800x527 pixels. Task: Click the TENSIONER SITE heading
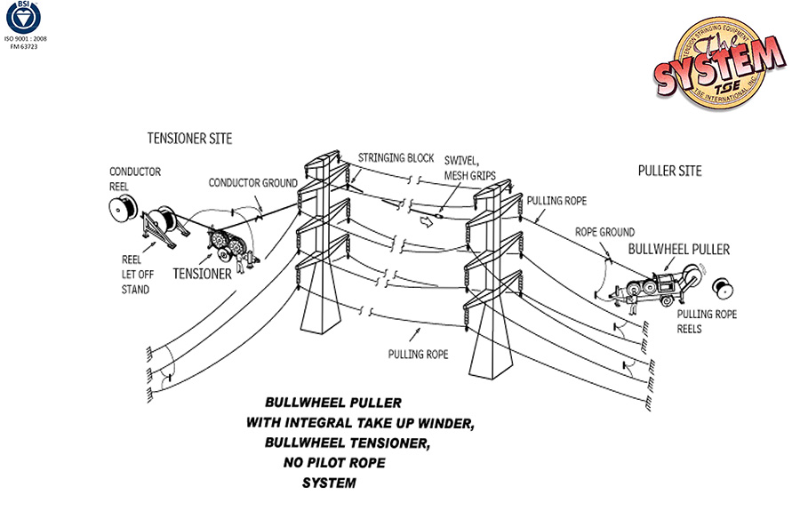(x=189, y=139)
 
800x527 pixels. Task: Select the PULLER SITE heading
(x=669, y=171)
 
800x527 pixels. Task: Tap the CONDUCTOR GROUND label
(x=253, y=183)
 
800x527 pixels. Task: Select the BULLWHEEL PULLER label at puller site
(x=678, y=250)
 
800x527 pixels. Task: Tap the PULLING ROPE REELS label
(x=707, y=322)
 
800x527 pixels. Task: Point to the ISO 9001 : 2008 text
(x=26, y=40)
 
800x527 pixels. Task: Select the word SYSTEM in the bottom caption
(x=329, y=483)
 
